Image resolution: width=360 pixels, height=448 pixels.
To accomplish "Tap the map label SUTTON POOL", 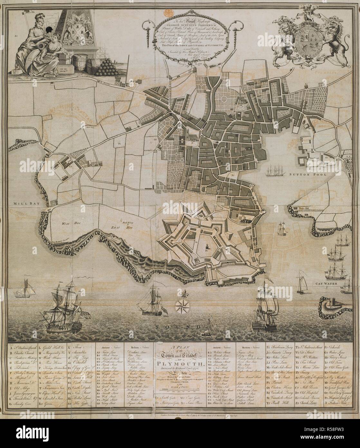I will pos(308,174).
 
